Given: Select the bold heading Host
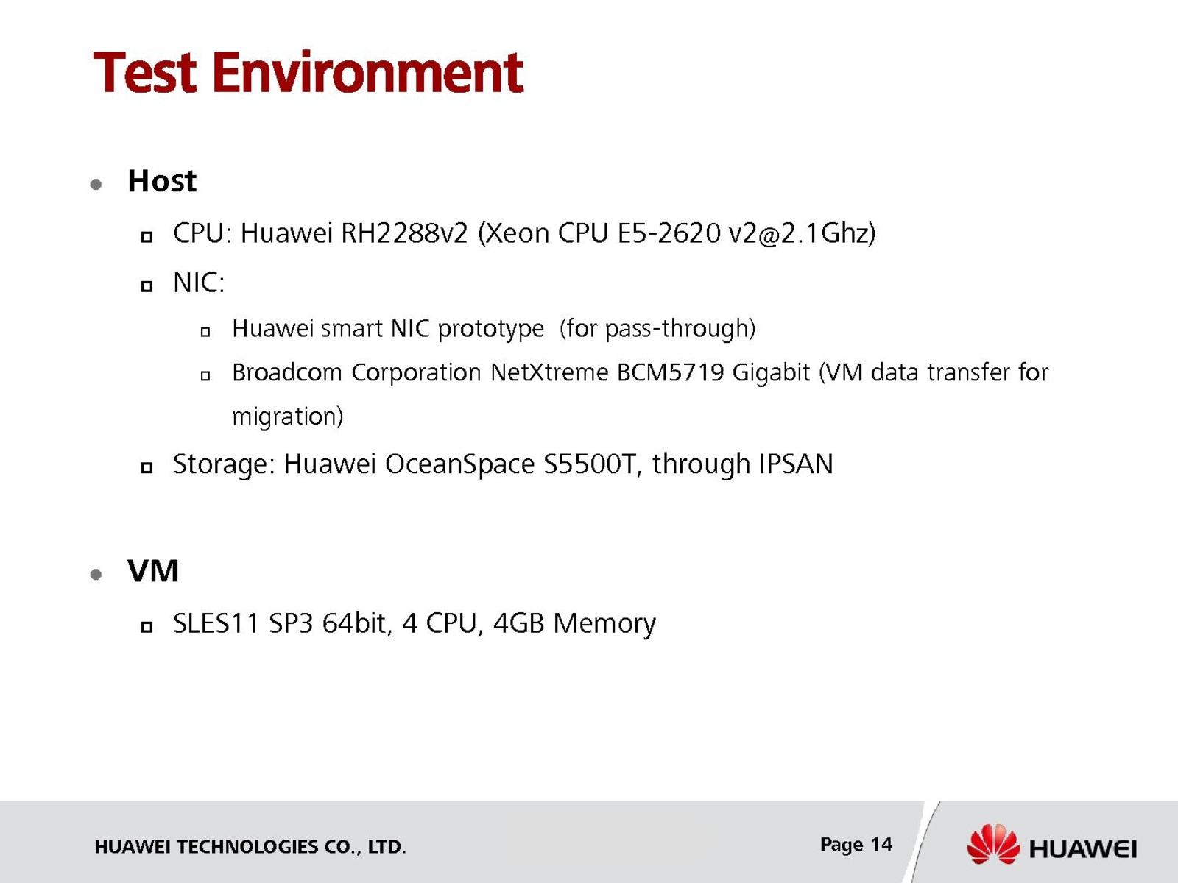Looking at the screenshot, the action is (161, 181).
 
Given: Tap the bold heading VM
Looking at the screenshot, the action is (153, 570).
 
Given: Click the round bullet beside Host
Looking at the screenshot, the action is (96, 185).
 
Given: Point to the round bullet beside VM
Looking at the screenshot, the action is (96, 575).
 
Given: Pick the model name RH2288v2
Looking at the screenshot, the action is (404, 234).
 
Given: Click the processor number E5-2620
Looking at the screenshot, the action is (669, 234).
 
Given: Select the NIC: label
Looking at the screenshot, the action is (199, 283).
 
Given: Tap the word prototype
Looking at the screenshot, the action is (490, 329).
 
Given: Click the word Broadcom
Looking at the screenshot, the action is (286, 372).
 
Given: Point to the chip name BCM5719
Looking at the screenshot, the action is (670, 372).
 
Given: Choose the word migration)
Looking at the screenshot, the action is (287, 417).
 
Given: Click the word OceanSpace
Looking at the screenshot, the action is (459, 464).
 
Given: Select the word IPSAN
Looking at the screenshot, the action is (796, 464).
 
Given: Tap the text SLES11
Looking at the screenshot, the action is (216, 623).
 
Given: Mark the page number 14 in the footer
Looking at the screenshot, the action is (881, 845).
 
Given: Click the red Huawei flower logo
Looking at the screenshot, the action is (993, 845).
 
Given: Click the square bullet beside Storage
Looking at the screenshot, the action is (147, 468).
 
